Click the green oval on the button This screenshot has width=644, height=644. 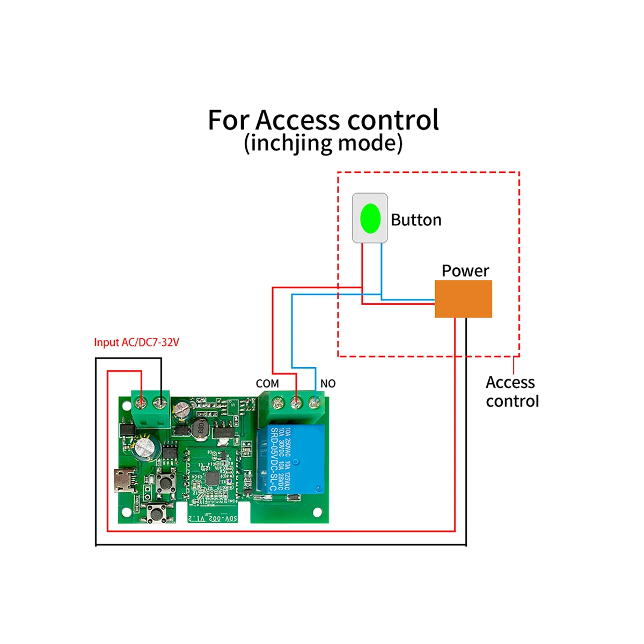370,218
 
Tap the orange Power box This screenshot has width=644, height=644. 463,299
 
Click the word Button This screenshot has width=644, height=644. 416,220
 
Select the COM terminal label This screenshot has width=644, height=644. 267,384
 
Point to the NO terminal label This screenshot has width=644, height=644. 328,384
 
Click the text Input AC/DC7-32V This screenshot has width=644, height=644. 136,342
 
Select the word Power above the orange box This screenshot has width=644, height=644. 465,271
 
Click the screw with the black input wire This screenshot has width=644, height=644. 160,402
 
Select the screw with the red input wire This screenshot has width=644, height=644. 141,402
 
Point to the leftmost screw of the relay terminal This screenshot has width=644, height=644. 278,402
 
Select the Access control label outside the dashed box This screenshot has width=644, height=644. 511,391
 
